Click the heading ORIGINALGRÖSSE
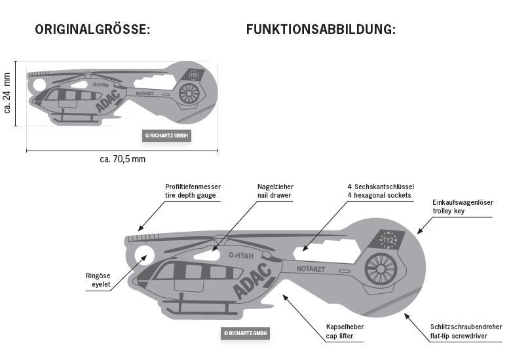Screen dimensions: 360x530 click(x=93, y=29)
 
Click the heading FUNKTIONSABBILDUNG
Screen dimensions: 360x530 click(x=320, y=29)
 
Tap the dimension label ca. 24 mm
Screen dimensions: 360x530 click(x=7, y=94)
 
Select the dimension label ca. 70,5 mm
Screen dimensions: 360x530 click(x=123, y=159)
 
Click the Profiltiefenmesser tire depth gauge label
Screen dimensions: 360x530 click(x=193, y=191)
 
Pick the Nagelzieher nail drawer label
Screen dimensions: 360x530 click(x=274, y=191)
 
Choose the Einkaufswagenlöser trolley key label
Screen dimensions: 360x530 click(x=463, y=207)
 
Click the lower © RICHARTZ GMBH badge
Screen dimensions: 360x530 click(x=244, y=333)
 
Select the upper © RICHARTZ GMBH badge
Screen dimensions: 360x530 click(x=166, y=135)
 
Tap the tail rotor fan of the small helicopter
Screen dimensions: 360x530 click(x=189, y=93)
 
